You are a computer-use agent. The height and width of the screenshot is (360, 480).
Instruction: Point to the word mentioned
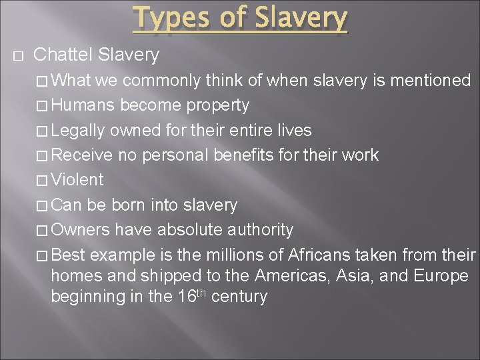pos(433,81)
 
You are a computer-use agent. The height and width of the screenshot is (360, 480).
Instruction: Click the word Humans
pos(83,105)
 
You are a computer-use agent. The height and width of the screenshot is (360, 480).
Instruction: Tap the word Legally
pos(77,130)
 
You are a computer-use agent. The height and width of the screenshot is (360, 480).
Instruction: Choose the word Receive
pos(82,155)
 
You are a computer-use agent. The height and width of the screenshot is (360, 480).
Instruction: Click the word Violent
pos(77,180)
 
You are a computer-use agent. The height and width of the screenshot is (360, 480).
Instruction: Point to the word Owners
pos(80,230)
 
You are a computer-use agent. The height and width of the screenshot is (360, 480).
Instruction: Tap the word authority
pos(260,230)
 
